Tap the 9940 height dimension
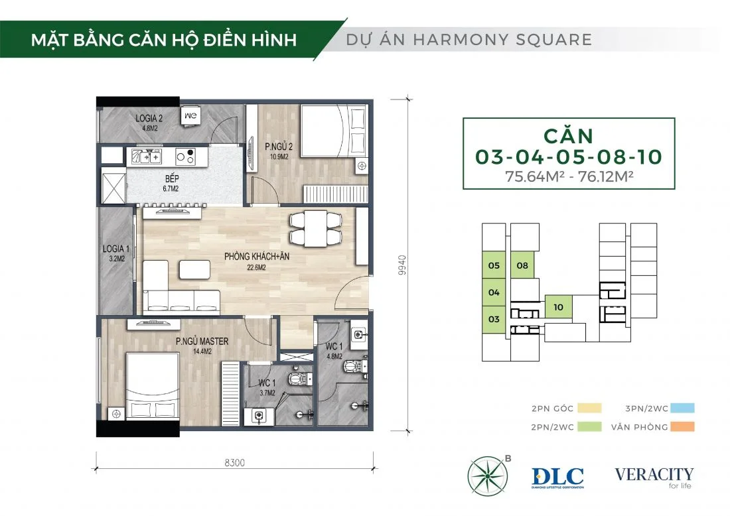(x=402, y=265)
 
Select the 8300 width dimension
(x=235, y=462)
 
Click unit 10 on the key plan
(x=558, y=307)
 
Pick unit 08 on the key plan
(x=522, y=265)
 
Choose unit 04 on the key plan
(x=494, y=292)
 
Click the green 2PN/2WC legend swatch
(x=589, y=426)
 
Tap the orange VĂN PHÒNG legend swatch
(x=682, y=426)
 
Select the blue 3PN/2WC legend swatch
(x=682, y=408)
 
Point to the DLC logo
(x=557, y=478)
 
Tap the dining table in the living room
(x=315, y=228)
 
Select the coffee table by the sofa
(x=194, y=269)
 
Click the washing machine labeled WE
(x=190, y=116)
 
